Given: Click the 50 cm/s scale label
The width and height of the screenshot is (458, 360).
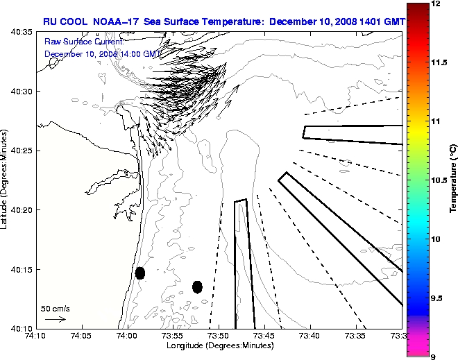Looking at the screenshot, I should tap(56, 309).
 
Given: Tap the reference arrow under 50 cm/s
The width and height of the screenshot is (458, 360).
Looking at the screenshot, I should tap(56, 319).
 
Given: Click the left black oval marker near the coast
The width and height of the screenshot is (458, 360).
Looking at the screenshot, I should tap(140, 273).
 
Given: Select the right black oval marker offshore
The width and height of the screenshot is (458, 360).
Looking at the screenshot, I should tap(197, 286).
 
